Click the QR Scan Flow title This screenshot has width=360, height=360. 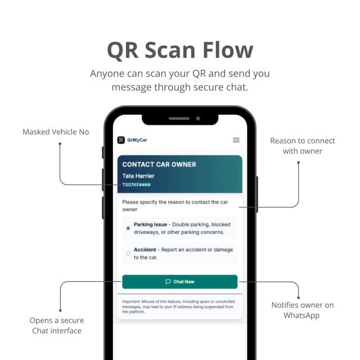[180, 50]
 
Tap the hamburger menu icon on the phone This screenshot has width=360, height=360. [236, 140]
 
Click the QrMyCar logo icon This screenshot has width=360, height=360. [120, 140]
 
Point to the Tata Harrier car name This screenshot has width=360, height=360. [138, 176]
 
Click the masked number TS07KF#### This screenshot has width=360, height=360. [136, 184]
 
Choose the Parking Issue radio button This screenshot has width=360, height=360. [128, 228]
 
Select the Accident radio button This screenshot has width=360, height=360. [128, 254]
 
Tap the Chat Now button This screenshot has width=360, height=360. [180, 282]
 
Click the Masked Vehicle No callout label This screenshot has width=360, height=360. [56, 132]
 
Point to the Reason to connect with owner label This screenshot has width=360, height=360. [302, 146]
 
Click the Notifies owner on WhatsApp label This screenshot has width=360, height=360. [302, 310]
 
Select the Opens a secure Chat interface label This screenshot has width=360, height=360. [57, 325]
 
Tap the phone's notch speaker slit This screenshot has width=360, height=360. [179, 119]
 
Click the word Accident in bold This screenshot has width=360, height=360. [145, 250]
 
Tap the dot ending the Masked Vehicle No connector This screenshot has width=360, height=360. [60, 143]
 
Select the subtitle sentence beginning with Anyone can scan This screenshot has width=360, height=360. [180, 80]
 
